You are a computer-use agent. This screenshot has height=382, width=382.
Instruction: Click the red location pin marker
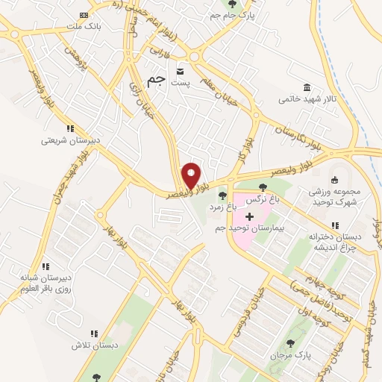pos(191,177)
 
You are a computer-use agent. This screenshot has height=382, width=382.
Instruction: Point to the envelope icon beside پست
pos(180,72)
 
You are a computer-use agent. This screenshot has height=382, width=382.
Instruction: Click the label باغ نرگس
pos(263,199)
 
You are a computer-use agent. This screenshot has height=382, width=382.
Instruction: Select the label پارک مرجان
pos(290,355)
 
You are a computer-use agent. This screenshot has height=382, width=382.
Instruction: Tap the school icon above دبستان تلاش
pos(94,334)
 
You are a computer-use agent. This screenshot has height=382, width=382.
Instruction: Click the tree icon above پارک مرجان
pos(290,344)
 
